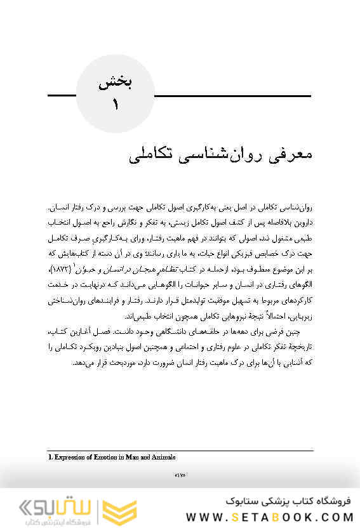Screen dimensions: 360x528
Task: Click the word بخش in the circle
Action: click(x=116, y=83)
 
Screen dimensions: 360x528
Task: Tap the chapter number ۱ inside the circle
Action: click(x=116, y=105)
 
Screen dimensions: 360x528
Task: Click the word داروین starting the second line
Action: click(x=301, y=223)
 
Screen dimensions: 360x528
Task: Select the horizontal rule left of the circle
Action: click(x=62, y=96)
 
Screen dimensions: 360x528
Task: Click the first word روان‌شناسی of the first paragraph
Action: click(x=292, y=209)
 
